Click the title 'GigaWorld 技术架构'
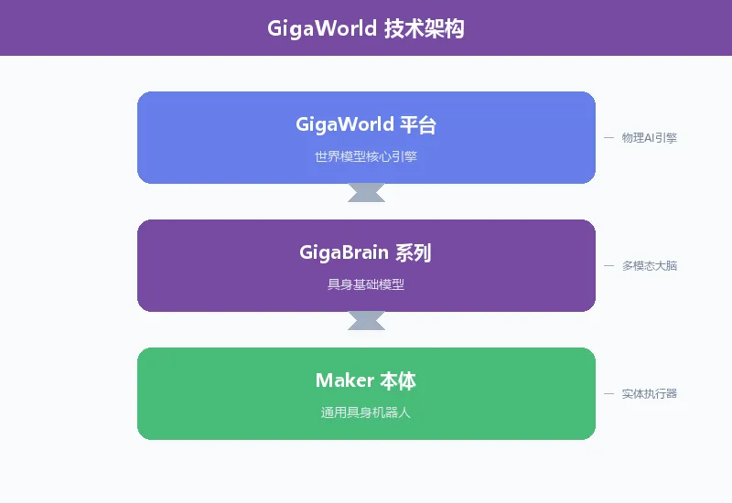366,28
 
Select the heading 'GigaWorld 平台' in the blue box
366,124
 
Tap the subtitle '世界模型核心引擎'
366,156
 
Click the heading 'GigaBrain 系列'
366,252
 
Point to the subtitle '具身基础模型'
366,284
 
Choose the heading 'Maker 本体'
366,380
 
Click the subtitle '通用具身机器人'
366,412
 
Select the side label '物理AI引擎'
650,138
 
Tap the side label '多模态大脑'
650,266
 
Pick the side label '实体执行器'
650,394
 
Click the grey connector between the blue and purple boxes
366,192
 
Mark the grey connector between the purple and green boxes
366,320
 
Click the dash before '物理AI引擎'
608,138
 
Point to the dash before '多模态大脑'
608,266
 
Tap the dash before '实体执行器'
608,394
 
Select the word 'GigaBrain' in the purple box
343,252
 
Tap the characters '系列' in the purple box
413,252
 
